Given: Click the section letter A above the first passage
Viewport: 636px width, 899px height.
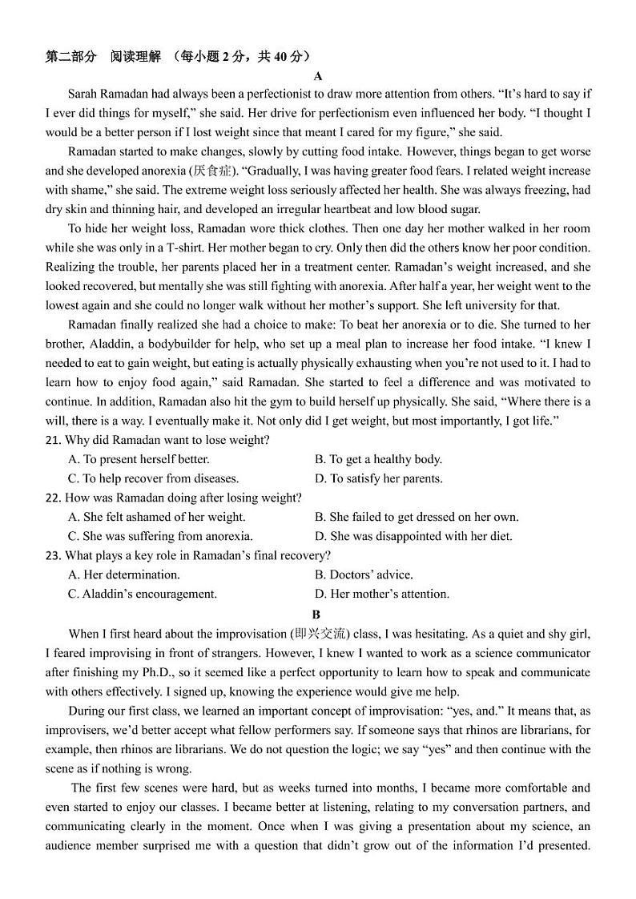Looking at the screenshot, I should click(x=318, y=76).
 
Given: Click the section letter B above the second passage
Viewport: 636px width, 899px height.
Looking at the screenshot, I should click(x=316, y=615).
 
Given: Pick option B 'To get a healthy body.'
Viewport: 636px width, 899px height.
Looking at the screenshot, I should click(x=378, y=459).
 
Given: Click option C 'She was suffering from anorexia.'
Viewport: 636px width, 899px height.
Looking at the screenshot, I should click(x=160, y=536).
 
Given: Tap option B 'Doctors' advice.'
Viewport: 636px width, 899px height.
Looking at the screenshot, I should click(x=364, y=574).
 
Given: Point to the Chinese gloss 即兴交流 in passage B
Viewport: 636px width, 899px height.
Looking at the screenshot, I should click(x=322, y=634).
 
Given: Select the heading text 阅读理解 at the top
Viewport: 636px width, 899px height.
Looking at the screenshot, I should click(x=134, y=56).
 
